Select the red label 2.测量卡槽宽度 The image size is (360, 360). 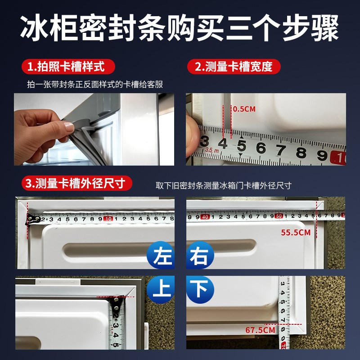tap(234, 67)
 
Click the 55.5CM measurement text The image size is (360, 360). tap(296, 233)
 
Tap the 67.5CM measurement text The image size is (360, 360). tap(260, 330)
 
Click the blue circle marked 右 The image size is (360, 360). tap(199, 256)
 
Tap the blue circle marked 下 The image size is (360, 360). tap(199, 288)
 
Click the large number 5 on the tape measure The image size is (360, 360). tap(242, 147)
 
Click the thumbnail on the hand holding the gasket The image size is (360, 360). tap(69, 127)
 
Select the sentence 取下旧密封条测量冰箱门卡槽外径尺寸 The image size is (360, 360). tap(224, 185)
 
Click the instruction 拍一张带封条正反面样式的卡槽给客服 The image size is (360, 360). tap(94, 84)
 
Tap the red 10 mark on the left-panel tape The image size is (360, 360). tap(108, 219)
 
